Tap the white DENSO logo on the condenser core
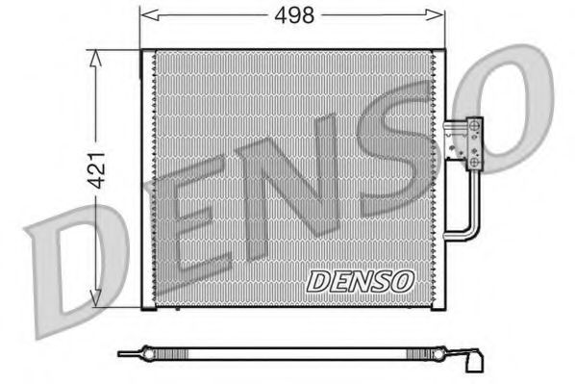pos(360,280)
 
